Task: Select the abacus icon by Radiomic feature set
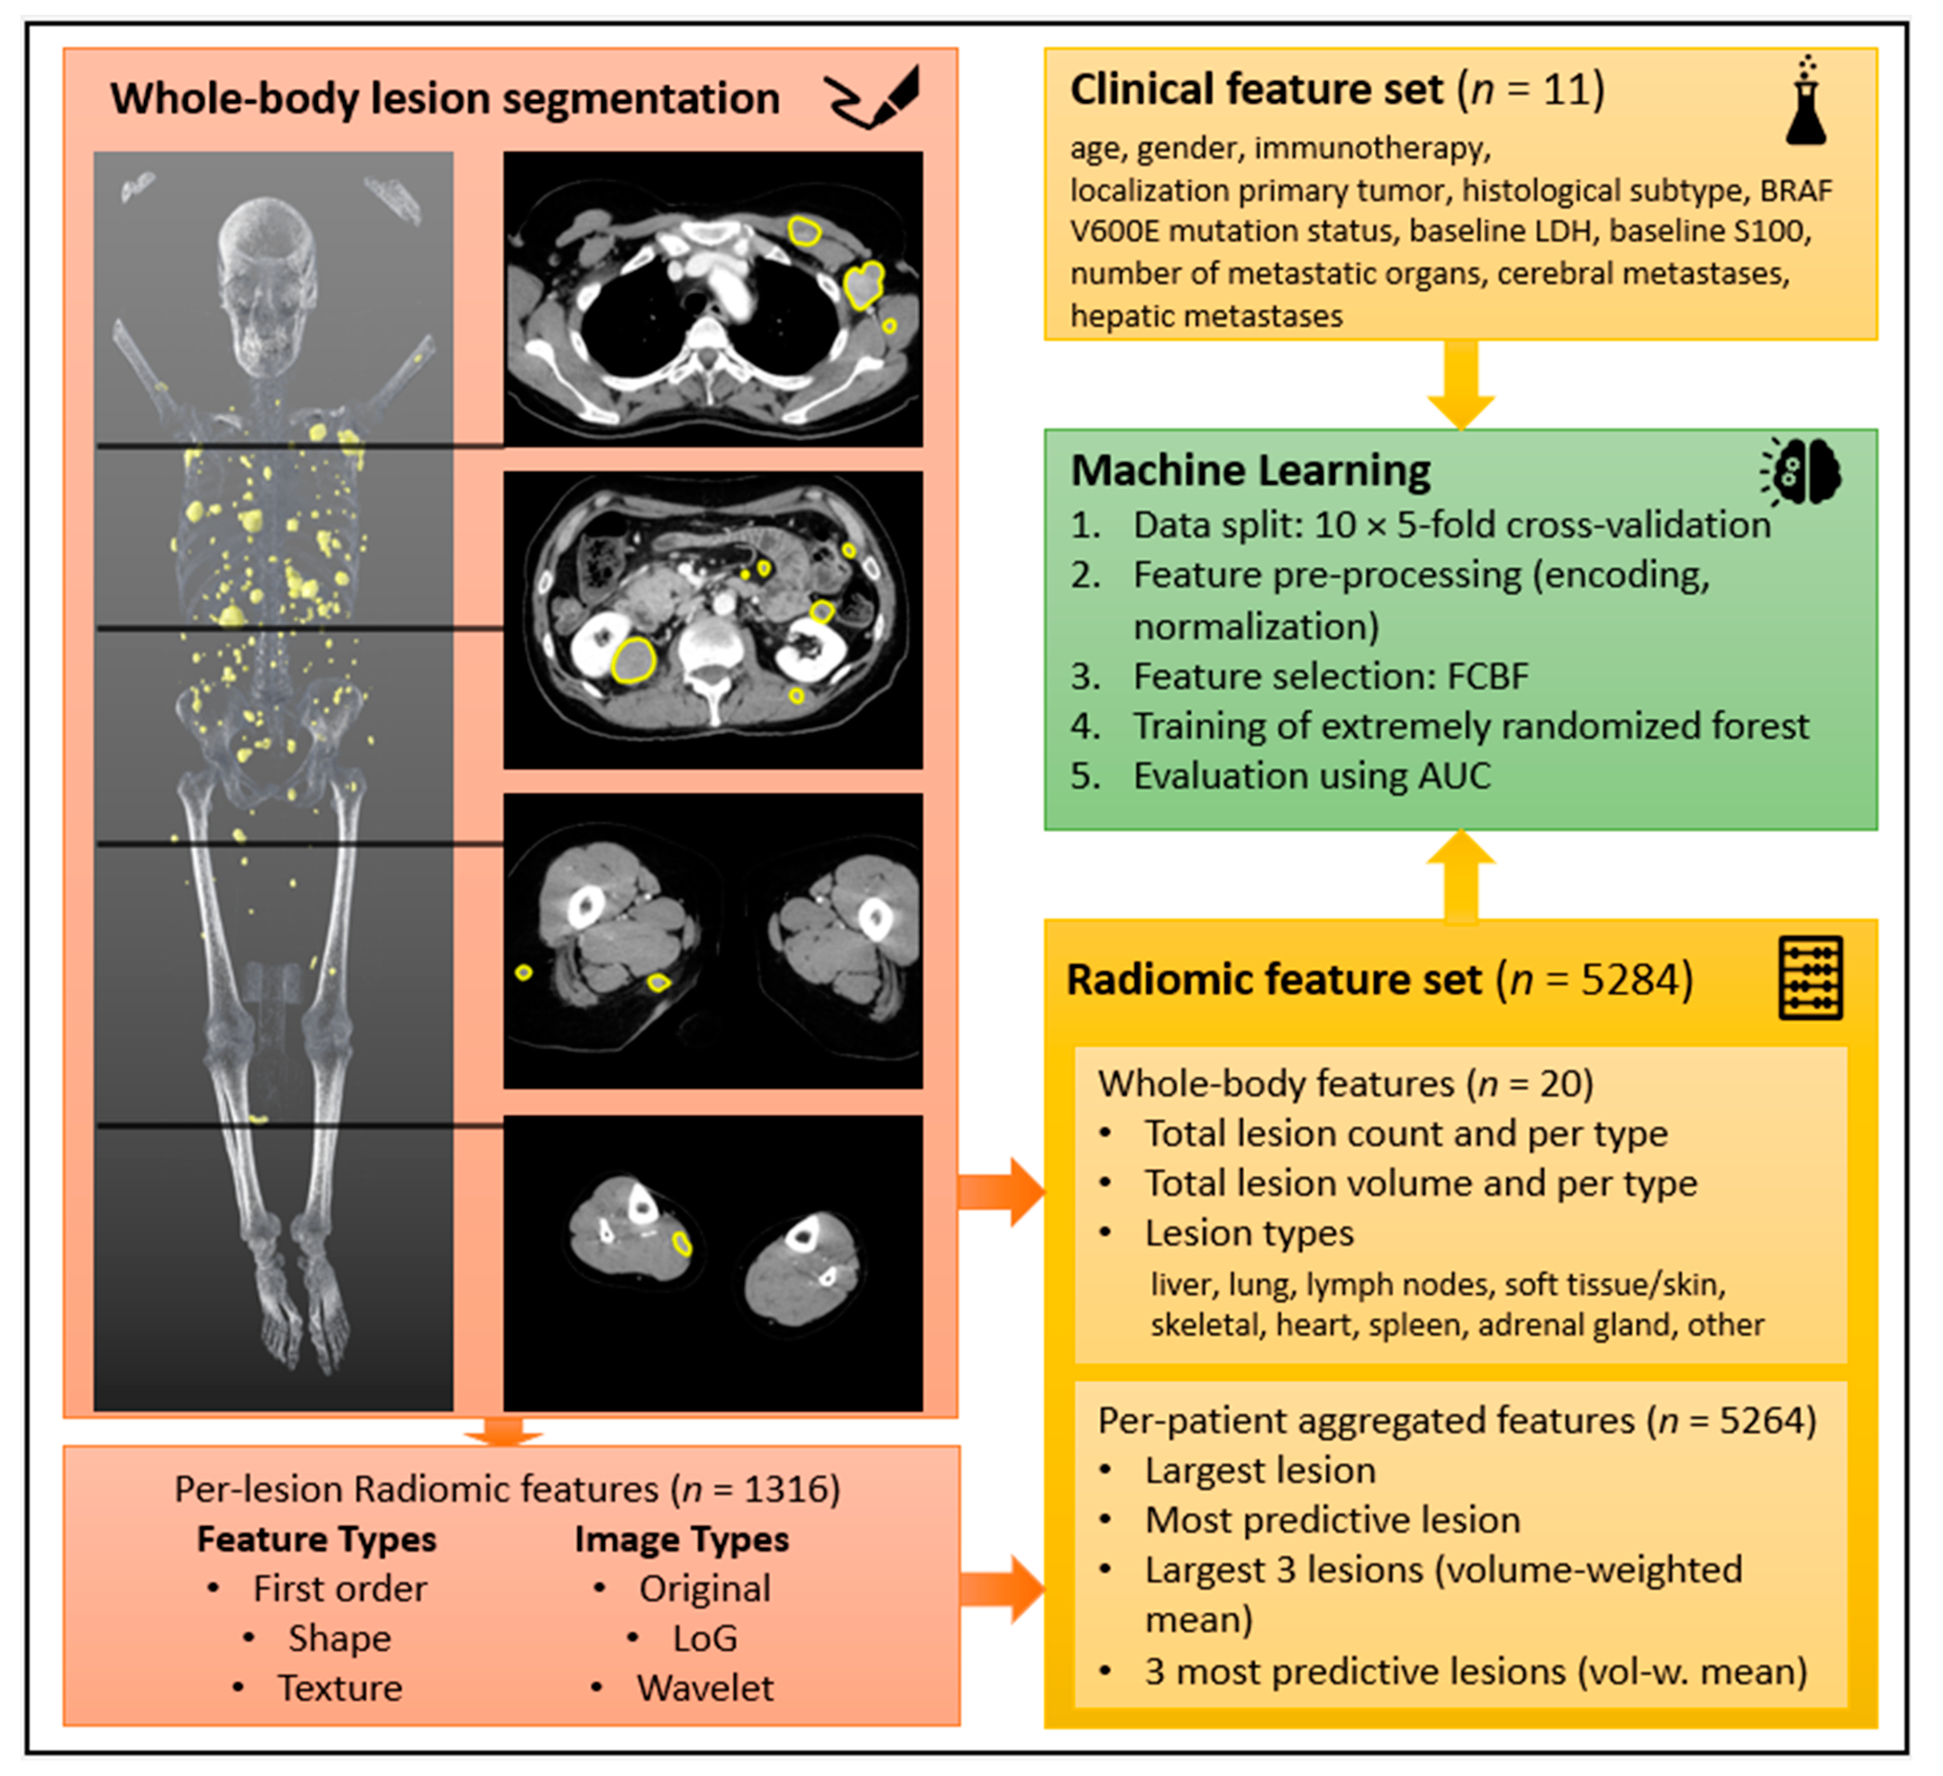point(1809,977)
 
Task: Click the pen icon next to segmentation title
point(872,96)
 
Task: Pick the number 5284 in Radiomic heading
point(1622,980)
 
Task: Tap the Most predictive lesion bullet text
point(1332,1520)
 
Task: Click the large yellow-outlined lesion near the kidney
point(633,660)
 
